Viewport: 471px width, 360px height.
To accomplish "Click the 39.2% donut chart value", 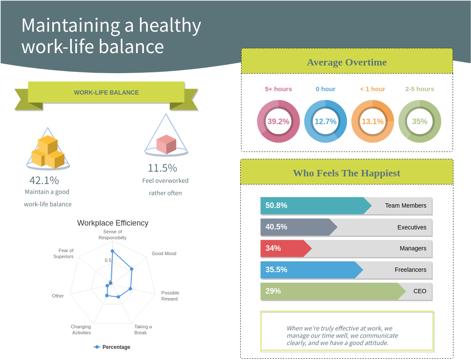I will point(278,122).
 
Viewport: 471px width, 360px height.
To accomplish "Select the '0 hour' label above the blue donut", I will point(325,89).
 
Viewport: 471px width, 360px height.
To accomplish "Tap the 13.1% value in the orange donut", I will point(373,122).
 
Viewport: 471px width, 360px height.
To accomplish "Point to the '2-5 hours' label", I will point(420,89).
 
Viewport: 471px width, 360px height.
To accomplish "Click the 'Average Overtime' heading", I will point(346,62).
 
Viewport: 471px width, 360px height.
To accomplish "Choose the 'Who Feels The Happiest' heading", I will point(346,173).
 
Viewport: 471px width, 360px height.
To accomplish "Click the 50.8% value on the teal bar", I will point(276,205).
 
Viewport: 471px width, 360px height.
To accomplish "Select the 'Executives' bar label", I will point(411,227).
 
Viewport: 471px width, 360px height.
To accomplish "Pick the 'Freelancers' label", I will point(410,270).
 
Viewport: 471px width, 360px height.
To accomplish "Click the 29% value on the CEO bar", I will point(273,291).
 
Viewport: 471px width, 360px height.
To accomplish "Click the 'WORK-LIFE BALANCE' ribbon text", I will point(106,92).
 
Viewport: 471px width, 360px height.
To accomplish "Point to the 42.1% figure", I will point(44,181).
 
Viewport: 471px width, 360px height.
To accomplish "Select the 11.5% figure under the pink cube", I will point(162,168).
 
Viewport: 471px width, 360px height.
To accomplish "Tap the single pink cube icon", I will point(166,144).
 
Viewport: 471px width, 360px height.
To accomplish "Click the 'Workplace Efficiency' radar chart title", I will point(113,223).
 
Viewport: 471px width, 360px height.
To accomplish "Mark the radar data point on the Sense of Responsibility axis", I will point(112,251).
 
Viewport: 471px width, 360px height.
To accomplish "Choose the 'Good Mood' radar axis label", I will point(164,253).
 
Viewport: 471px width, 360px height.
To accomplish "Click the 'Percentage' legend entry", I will point(116,347).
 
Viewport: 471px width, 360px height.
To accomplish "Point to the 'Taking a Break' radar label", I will point(143,330).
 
